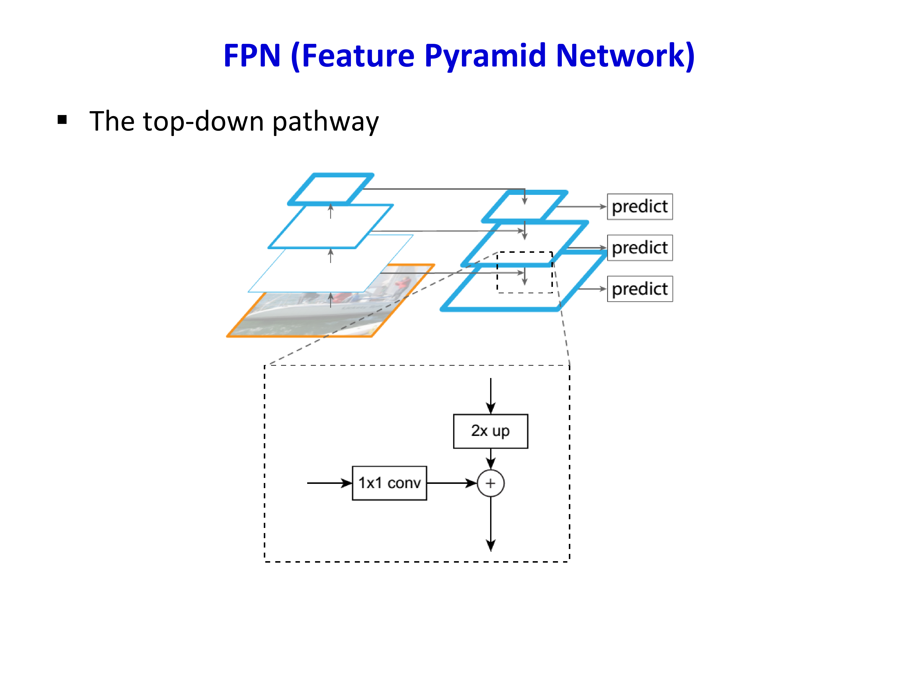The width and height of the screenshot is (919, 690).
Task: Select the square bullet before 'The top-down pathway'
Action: click(x=62, y=120)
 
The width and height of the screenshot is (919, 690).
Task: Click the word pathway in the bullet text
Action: click(x=326, y=122)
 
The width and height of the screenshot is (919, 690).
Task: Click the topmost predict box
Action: click(x=640, y=207)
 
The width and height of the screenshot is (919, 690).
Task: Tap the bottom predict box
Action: click(x=640, y=289)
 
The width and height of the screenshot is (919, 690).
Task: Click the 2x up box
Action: click(x=491, y=431)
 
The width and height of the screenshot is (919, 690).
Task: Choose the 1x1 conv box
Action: click(x=389, y=483)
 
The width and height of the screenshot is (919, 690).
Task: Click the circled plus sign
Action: click(x=491, y=483)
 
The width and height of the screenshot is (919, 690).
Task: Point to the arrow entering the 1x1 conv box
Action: click(x=330, y=483)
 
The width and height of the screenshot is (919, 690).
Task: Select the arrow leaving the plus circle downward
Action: click(x=491, y=524)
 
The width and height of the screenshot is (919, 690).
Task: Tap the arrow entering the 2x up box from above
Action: click(x=491, y=396)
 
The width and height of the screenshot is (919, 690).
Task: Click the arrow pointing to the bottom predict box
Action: click(x=592, y=289)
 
